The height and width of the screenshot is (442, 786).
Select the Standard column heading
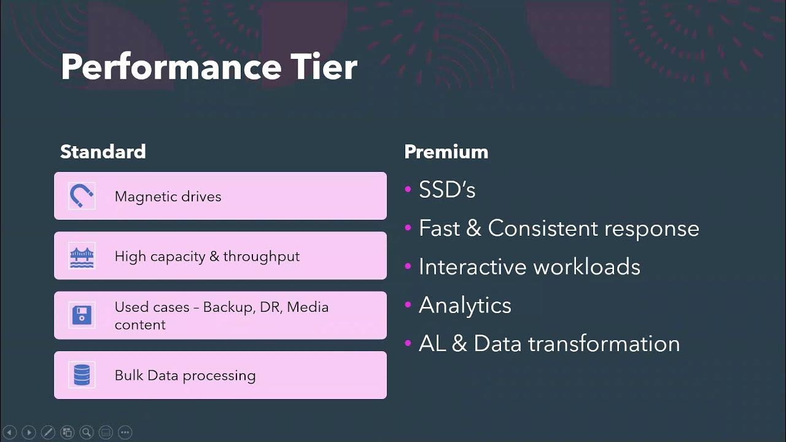point(103,152)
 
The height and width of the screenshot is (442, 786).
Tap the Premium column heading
point(446,152)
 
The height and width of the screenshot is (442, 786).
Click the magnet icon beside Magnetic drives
point(82,196)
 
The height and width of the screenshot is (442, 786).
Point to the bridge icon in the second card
point(82,256)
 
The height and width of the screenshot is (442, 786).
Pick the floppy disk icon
point(82,316)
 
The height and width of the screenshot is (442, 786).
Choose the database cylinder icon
point(82,375)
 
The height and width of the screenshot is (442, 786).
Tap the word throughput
point(261,256)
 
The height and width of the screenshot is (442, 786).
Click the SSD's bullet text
point(447,190)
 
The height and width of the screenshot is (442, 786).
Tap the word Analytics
point(465,305)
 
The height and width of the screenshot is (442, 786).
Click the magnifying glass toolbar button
point(87,432)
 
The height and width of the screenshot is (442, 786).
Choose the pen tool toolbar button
point(48,432)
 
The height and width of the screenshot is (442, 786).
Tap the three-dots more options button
point(125,432)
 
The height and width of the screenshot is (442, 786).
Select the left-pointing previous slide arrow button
point(9,432)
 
